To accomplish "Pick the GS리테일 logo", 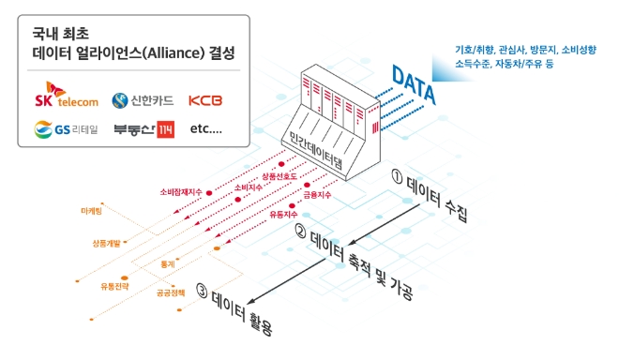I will click(x=61, y=129).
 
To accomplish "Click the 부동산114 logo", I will click(x=143, y=129).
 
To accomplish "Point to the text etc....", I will click(x=206, y=129).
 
